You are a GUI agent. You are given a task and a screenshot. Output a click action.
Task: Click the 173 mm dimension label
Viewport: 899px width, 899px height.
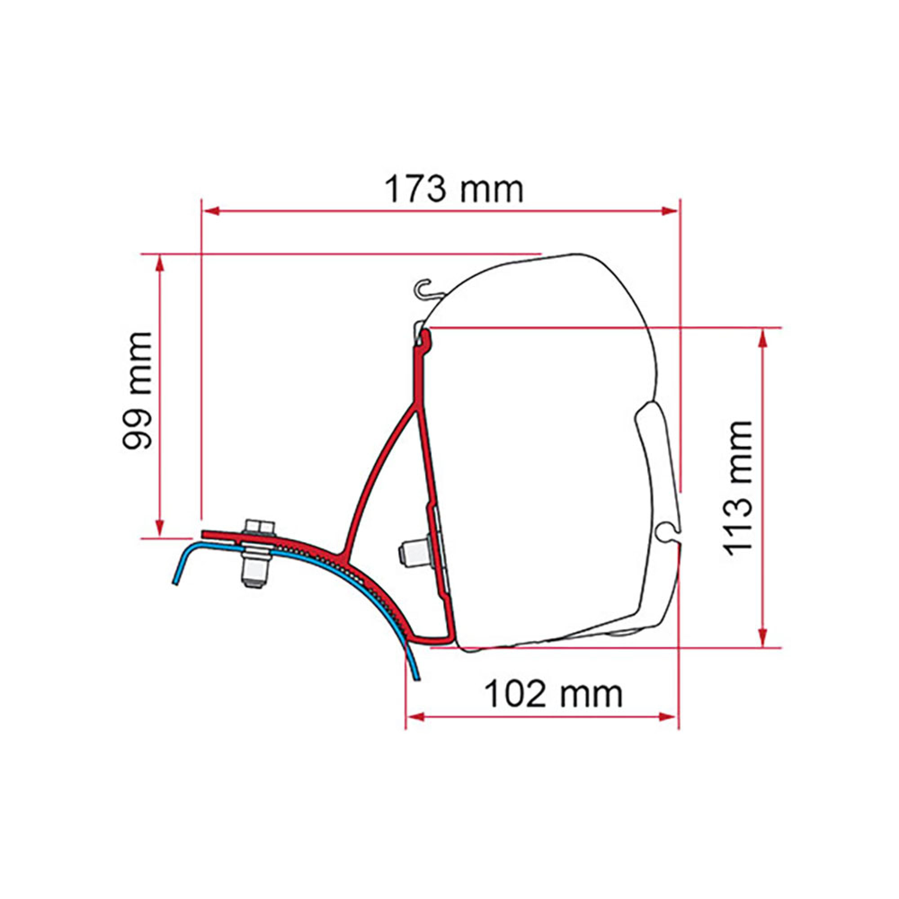coord(454,189)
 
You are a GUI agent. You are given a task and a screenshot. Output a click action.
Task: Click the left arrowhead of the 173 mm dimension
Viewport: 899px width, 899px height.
coord(212,211)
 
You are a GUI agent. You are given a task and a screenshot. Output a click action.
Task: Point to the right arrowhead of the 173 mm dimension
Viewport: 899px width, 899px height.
coord(670,211)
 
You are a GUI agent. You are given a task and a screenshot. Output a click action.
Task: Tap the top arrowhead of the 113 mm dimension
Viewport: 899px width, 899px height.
coord(763,338)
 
